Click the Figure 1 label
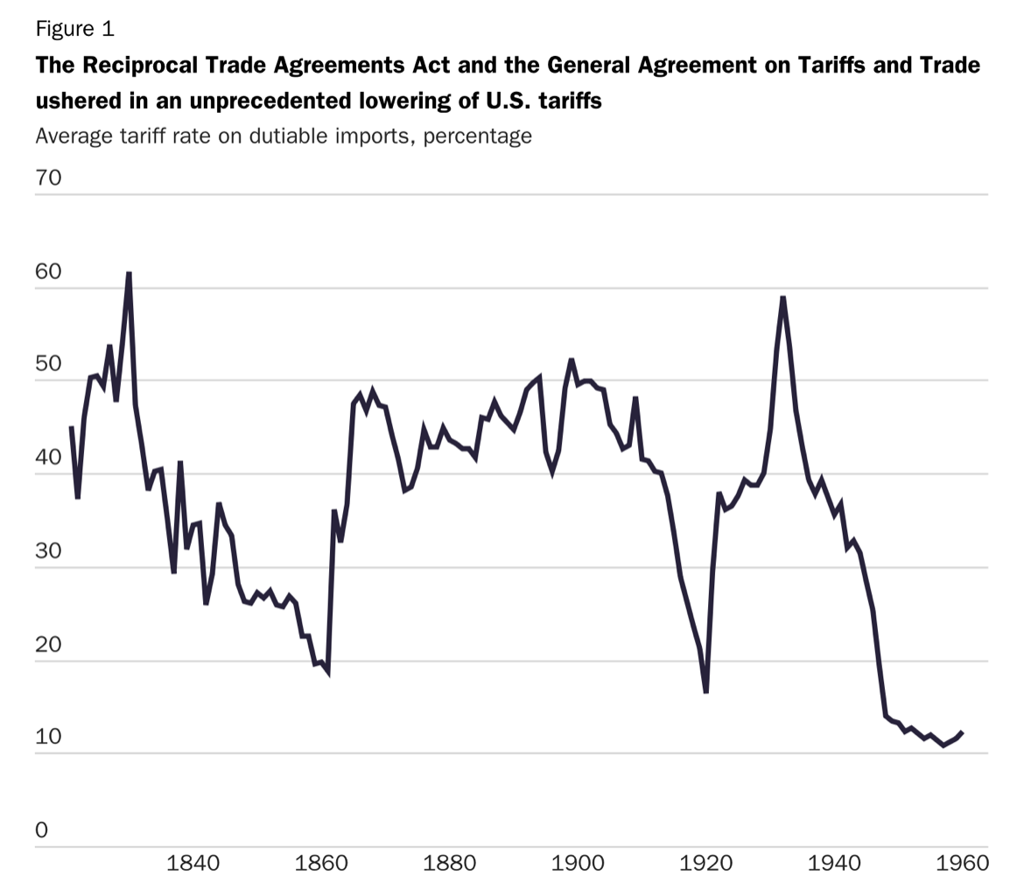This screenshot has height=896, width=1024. coord(74,29)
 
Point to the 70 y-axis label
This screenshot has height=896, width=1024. coord(48,178)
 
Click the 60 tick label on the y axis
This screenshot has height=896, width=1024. coord(48,271)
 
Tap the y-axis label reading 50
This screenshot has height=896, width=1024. coord(48,364)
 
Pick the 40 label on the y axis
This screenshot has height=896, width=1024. coord(48,458)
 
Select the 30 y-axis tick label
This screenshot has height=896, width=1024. coord(48,550)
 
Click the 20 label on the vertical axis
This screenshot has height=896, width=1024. coord(48,644)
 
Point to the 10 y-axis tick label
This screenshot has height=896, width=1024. coord(48,737)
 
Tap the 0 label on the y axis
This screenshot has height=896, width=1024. coord(41,830)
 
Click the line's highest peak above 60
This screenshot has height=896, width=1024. coord(129,273)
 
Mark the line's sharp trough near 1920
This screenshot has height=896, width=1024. coord(705,692)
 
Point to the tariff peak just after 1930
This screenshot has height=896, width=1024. coord(782,297)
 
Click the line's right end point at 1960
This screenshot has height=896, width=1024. coord(963,731)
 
